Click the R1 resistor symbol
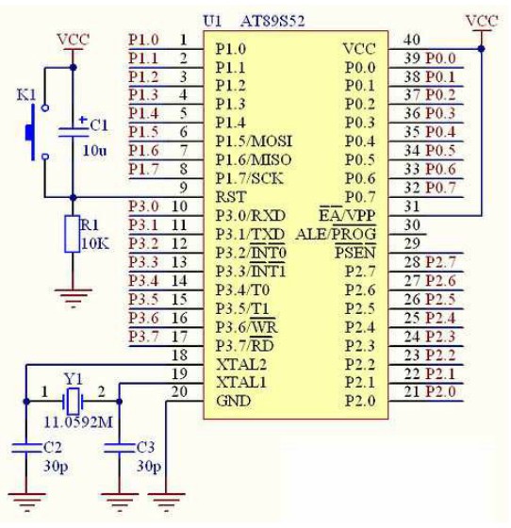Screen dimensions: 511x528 pyautogui.click(x=73, y=234)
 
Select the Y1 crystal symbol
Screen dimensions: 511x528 pyautogui.click(x=73, y=402)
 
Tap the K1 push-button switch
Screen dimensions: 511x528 pyautogui.click(x=37, y=132)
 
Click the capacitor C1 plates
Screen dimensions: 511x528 pyautogui.click(x=73, y=132)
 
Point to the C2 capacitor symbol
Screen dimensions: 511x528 pyautogui.click(x=26, y=448)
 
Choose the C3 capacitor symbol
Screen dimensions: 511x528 pyautogui.click(x=119, y=448)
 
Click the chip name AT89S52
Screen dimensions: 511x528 pyautogui.click(x=272, y=21)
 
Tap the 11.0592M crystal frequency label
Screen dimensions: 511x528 pyautogui.click(x=78, y=422)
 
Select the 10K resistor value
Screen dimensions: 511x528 pyautogui.click(x=95, y=244)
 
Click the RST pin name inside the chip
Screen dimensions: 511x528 pyautogui.click(x=231, y=197)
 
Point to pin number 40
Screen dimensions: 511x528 pyautogui.click(x=412, y=40)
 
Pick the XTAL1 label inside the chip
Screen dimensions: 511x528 pyautogui.click(x=241, y=383)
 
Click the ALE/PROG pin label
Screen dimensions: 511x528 pyautogui.click(x=336, y=234)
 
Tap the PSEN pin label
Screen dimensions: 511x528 pyautogui.click(x=355, y=253)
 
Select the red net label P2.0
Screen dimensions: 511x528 pyautogui.click(x=440, y=391)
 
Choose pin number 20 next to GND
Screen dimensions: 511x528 pyautogui.click(x=179, y=391)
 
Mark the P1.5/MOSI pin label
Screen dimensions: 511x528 pyautogui.click(x=254, y=141)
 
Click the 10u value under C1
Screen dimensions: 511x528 pyautogui.click(x=94, y=150)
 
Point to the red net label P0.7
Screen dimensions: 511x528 pyautogui.click(x=440, y=188)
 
